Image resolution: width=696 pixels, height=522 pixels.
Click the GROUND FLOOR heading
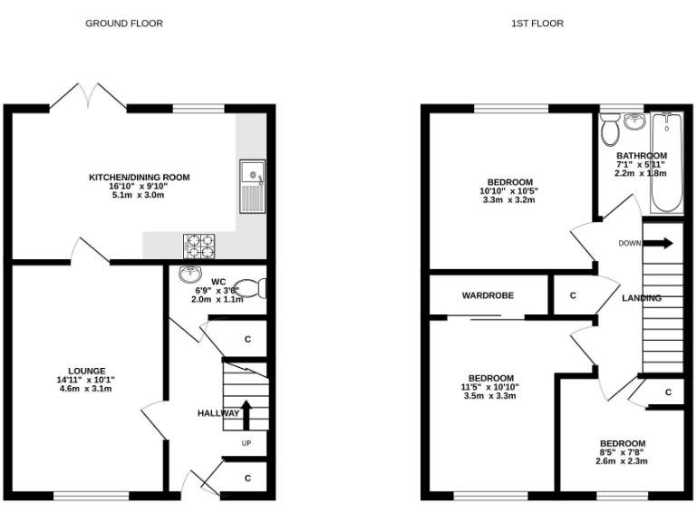(124, 24)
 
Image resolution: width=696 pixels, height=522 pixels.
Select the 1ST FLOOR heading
(536, 24)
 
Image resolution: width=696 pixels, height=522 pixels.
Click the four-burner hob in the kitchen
(199, 245)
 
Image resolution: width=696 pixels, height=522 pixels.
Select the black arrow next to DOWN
(661, 243)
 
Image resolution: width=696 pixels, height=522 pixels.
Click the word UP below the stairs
(246, 443)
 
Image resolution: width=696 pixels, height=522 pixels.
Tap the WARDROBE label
(488, 295)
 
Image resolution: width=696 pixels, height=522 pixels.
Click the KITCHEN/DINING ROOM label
(139, 178)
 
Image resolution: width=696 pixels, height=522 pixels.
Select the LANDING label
(642, 298)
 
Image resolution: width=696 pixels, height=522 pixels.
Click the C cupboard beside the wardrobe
(572, 295)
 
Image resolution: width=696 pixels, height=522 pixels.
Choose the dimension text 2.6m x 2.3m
(623, 461)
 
